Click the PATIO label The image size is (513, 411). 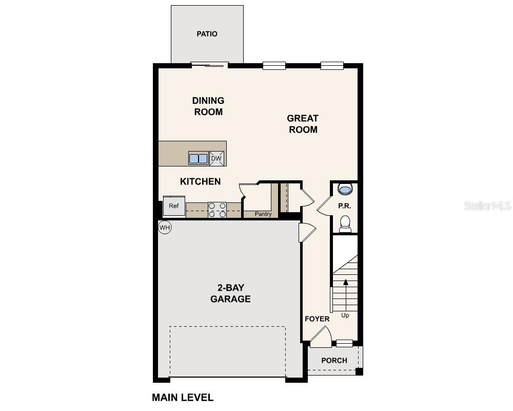[x=207, y=34]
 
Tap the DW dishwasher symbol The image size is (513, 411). [x=216, y=158]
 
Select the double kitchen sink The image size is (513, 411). [x=198, y=159]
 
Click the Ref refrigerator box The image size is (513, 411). [x=174, y=206]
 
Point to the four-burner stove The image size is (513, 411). [x=217, y=210]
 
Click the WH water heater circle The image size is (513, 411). [x=164, y=227]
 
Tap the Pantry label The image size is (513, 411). [x=263, y=214]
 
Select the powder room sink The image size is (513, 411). [x=345, y=190]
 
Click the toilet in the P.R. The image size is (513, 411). [x=345, y=223]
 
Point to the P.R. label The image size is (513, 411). [x=344, y=206]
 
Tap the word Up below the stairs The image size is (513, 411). [x=345, y=315]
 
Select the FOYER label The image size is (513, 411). [x=317, y=319]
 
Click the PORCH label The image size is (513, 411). [x=334, y=361]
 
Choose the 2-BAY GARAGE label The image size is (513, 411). [x=230, y=293]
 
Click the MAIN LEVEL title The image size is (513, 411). [x=183, y=397]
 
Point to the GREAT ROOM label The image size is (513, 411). [x=303, y=124]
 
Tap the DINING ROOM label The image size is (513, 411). [x=208, y=106]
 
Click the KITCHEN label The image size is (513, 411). [x=200, y=181]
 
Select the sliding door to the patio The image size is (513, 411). [x=209, y=64]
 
